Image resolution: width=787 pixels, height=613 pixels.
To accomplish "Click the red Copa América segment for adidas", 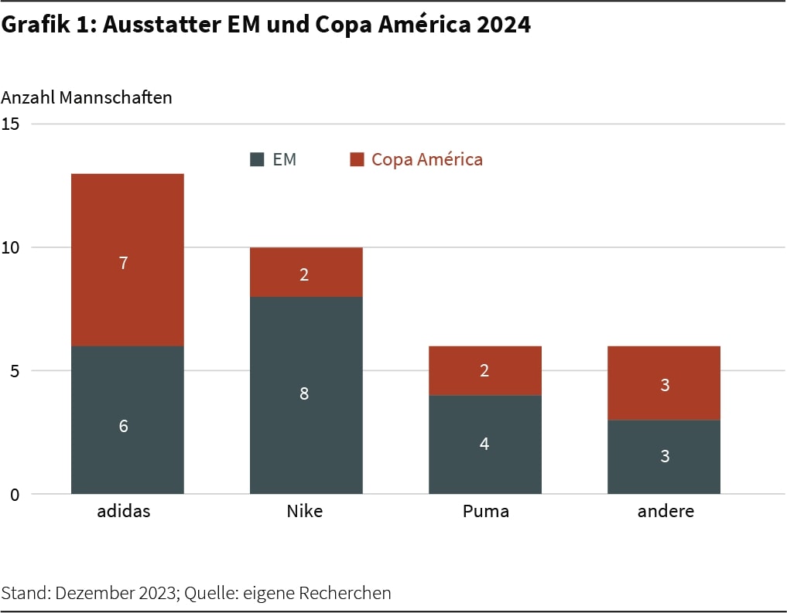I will tap(128, 232).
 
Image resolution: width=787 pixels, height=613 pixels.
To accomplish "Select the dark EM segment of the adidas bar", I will tap(128, 456).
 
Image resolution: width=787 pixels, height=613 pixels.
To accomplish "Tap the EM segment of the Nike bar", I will tap(306, 433).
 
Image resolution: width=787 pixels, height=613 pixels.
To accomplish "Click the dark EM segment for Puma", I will tap(484, 464).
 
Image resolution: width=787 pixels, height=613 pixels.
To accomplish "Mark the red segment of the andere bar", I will tap(664, 363).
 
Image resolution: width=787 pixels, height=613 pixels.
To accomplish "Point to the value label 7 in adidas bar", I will tap(124, 263).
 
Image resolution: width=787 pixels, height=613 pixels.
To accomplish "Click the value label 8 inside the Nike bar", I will tap(304, 393).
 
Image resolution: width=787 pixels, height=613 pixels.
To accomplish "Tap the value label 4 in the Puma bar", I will tap(484, 444).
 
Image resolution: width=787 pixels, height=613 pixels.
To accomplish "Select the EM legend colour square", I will tap(258, 160).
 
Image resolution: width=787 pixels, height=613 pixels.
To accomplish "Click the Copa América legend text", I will tap(426, 159).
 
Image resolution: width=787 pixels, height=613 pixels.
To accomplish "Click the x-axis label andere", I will tap(666, 511).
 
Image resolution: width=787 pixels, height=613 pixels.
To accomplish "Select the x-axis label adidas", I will tap(124, 511).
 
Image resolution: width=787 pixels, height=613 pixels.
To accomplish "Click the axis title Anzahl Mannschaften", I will tap(87, 98).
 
